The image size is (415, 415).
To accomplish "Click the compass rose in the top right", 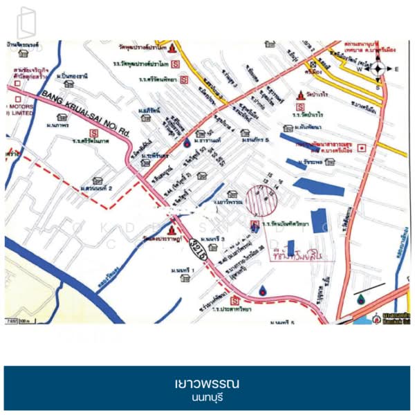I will coord(378,68).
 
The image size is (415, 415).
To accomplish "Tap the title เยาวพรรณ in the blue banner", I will coord(207,383).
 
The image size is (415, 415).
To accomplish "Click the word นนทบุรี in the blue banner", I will coord(207,398).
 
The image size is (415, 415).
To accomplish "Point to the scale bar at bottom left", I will coord(19,321).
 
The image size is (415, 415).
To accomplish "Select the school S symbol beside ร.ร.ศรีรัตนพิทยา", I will coord(184,80).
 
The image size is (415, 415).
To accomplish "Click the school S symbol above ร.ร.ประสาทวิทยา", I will coord(234,301).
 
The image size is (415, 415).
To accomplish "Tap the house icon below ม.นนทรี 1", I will coord(185,278).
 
